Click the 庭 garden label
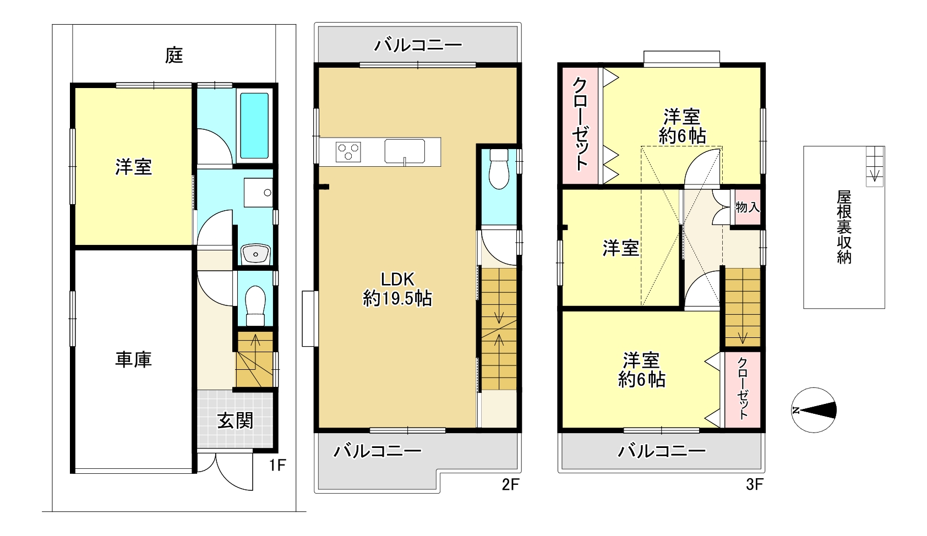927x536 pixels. tap(174, 56)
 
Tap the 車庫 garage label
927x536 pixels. tap(133, 359)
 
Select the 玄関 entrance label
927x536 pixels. tap(235, 422)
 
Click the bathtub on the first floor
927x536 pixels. tap(254, 125)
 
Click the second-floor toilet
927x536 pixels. tap(499, 169)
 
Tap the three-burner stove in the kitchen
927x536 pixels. tap(348, 152)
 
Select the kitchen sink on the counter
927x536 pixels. tap(404, 151)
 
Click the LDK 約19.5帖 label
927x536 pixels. tap(397, 289)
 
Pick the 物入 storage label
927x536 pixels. tap(748, 207)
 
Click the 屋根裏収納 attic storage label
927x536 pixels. tap(844, 227)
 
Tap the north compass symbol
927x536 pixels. tap(814, 411)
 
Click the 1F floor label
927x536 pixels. tap(277, 465)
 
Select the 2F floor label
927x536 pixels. tap(510, 484)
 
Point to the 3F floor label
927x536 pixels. tap(755, 484)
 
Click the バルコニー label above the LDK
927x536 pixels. tap(418, 45)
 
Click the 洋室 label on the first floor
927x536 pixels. tap(133, 167)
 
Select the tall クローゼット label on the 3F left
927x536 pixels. tap(580, 124)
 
